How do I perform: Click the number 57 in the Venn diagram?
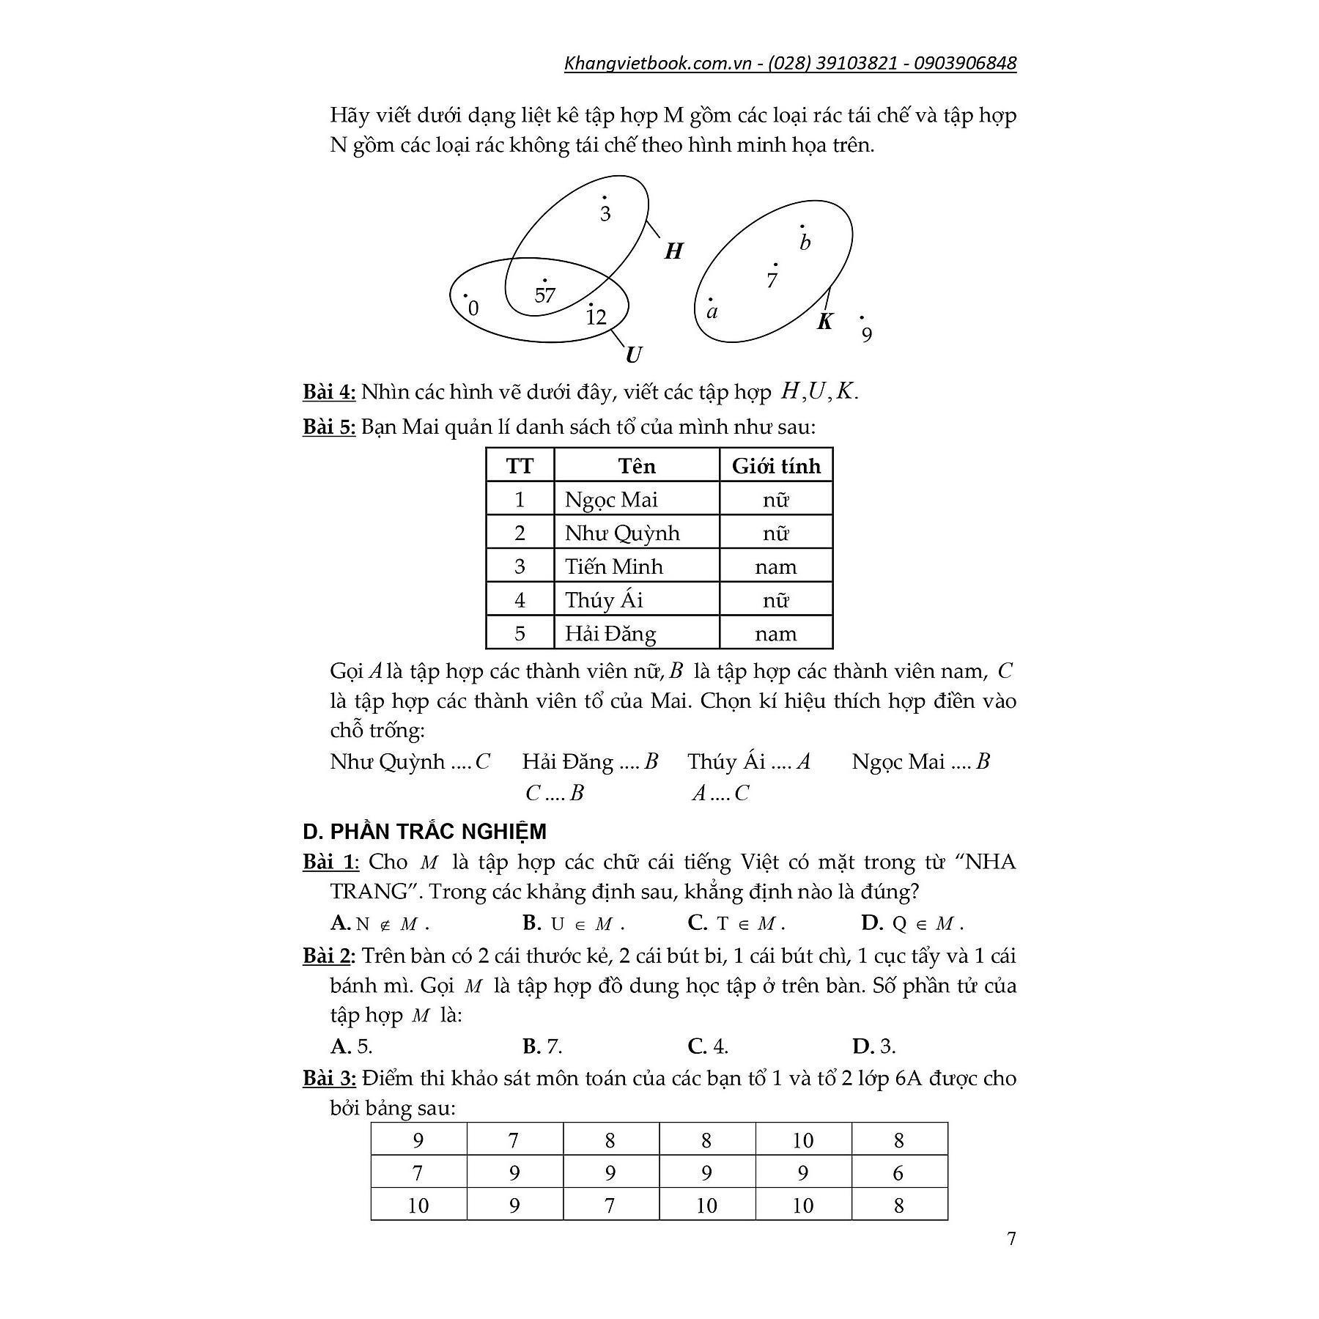pyautogui.click(x=544, y=295)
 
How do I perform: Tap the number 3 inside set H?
pyautogui.click(x=605, y=214)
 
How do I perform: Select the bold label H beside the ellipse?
pyautogui.click(x=673, y=252)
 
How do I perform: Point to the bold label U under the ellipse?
pyautogui.click(x=633, y=355)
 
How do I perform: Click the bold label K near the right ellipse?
pyautogui.click(x=824, y=321)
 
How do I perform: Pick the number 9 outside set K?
pyautogui.click(x=867, y=335)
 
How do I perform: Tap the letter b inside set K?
pyautogui.click(x=805, y=243)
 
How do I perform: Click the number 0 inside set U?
pyautogui.click(x=473, y=308)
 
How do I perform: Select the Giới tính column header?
pyautogui.click(x=776, y=466)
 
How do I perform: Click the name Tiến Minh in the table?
pyautogui.click(x=613, y=566)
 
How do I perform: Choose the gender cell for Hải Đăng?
pyautogui.click(x=776, y=633)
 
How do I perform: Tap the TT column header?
pyautogui.click(x=520, y=466)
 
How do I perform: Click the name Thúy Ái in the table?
pyautogui.click(x=604, y=600)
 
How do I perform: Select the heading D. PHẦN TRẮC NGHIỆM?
pyautogui.click(x=424, y=832)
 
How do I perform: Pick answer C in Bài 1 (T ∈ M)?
pyautogui.click(x=736, y=923)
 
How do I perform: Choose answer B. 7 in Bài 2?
pyautogui.click(x=542, y=1046)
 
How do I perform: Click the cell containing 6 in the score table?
pyautogui.click(x=899, y=1173)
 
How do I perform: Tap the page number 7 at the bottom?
pyautogui.click(x=1011, y=1239)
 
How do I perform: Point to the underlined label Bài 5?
pyautogui.click(x=329, y=426)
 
